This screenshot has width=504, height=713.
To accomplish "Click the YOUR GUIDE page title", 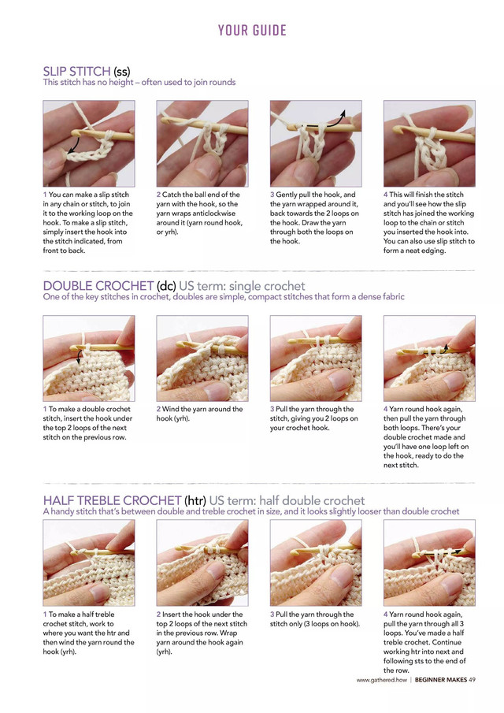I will click(x=252, y=31).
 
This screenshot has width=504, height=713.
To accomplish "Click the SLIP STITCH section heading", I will click(x=86, y=72).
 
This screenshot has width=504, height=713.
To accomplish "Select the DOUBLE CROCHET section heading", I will click(x=109, y=285).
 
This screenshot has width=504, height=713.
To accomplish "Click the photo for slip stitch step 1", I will click(x=88, y=143).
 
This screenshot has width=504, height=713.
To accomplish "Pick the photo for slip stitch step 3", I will click(x=316, y=143).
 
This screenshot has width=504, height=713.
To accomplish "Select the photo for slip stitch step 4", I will click(x=429, y=143).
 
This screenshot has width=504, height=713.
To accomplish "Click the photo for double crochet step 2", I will click(x=202, y=358).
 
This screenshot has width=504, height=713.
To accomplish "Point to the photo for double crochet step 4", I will click(x=429, y=358).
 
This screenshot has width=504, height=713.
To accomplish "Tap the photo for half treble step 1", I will click(x=88, y=563).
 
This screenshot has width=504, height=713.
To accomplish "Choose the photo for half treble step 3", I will click(x=316, y=563).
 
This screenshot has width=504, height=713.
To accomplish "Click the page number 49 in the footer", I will click(x=471, y=680).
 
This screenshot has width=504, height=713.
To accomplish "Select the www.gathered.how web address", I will click(x=381, y=680).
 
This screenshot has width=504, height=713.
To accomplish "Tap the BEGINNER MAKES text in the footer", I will click(x=440, y=680).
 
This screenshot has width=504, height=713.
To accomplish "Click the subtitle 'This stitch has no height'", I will click(x=139, y=82).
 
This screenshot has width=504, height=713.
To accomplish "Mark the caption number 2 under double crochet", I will click(x=158, y=410).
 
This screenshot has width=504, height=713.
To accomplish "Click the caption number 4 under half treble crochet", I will click(x=386, y=615).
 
